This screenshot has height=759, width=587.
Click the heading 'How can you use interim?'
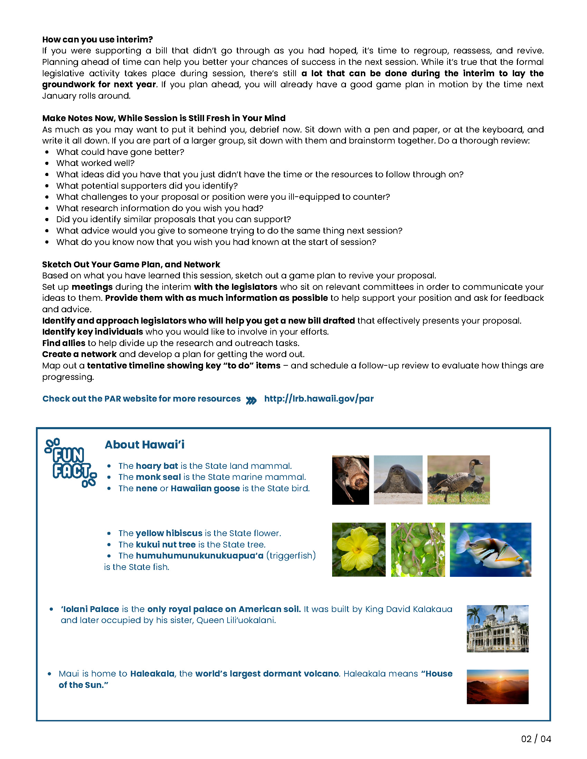click(97, 39)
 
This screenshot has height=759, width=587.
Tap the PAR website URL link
click(319, 398)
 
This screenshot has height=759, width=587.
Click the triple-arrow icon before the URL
click(251, 400)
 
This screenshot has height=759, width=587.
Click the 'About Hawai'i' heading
click(144, 444)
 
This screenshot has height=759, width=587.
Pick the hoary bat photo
click(350, 480)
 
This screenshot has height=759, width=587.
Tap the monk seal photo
click(398, 480)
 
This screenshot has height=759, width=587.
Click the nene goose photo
click(458, 480)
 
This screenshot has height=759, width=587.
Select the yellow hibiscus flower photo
click(358, 550)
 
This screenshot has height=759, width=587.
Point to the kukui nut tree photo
click(418, 550)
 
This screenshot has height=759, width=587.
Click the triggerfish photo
click(490, 550)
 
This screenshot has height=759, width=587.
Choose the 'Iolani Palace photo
click(497, 629)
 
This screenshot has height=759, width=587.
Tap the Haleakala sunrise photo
click(497, 687)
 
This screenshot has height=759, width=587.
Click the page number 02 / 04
click(536, 739)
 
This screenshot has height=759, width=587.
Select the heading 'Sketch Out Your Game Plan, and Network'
click(131, 265)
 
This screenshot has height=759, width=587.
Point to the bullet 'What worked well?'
click(95, 163)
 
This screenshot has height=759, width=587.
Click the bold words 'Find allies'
click(64, 343)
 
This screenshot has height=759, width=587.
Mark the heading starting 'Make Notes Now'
click(164, 118)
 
